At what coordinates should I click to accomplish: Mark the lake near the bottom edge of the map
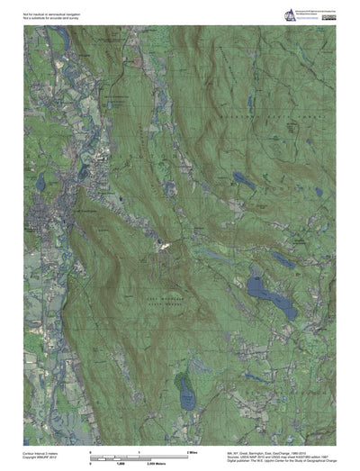pyautogui.click(x=187, y=393)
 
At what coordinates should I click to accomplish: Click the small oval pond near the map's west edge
pyautogui.click(x=40, y=183)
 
